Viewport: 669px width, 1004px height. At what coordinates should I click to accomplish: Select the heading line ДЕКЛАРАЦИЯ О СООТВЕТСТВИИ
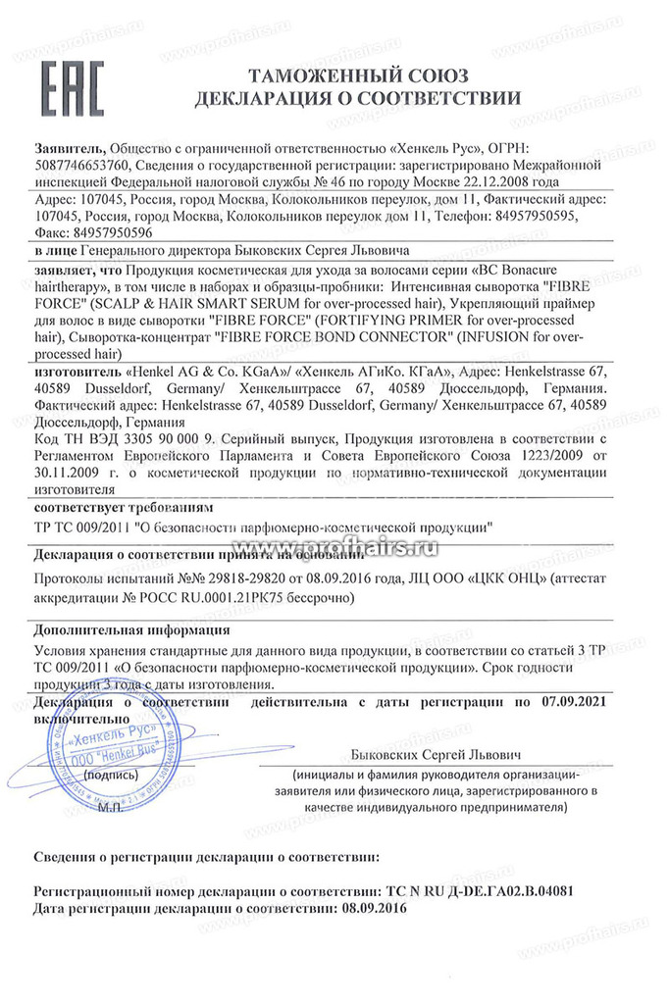click(x=358, y=98)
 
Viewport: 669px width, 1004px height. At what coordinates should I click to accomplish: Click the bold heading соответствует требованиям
click(x=121, y=509)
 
